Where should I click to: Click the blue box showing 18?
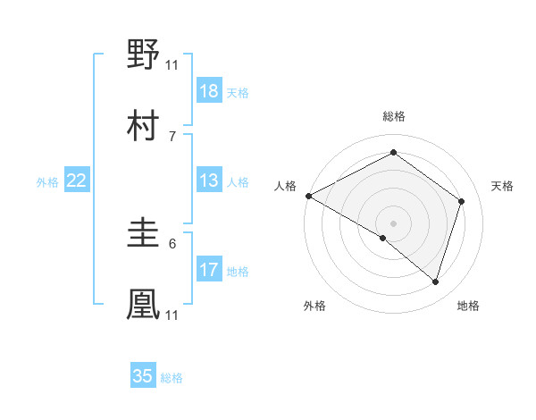click(209, 91)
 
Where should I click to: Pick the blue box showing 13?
click(209, 181)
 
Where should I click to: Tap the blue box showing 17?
click(209, 270)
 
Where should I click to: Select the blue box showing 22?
click(77, 181)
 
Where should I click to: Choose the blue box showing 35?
click(143, 376)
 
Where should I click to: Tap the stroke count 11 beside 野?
click(172, 64)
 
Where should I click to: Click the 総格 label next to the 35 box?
click(172, 378)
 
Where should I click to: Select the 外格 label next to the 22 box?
click(47, 182)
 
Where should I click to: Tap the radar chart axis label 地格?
click(468, 307)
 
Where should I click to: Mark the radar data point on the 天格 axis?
click(461, 201)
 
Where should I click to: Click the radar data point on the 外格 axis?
click(383, 238)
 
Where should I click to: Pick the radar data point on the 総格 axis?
click(393, 153)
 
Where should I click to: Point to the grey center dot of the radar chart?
click(393, 222)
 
